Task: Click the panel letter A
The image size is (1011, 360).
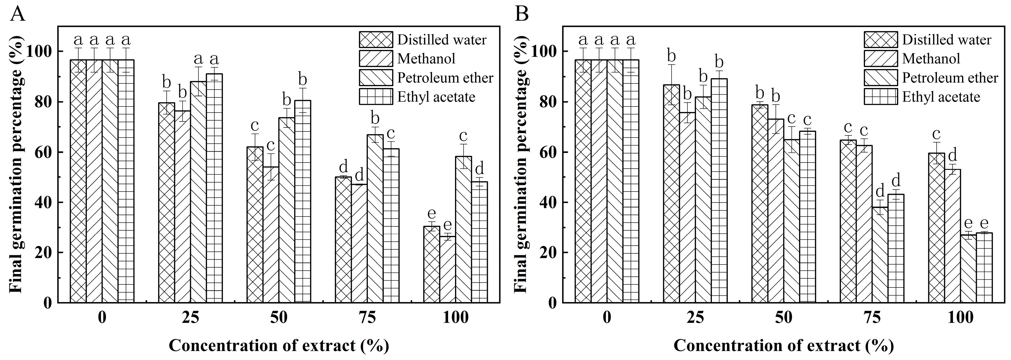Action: coord(17,15)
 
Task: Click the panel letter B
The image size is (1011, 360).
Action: coord(522,15)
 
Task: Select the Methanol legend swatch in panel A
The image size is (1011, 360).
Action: coord(376,59)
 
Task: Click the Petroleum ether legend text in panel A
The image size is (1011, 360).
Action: coord(445,78)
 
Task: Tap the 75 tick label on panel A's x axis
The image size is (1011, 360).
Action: coord(367,317)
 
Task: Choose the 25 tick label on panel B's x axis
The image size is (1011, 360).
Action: coord(695,317)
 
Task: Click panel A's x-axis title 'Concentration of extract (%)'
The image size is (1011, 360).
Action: coord(279,345)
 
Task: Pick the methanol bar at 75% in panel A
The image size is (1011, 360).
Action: coord(359,243)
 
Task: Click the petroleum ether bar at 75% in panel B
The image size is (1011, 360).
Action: coord(880,255)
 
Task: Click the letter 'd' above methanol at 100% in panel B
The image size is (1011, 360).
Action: coord(952,155)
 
